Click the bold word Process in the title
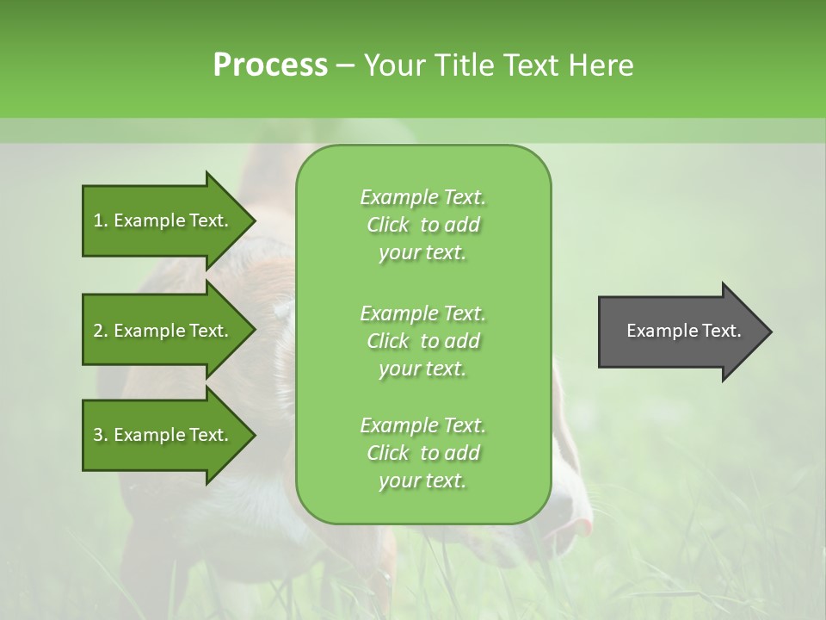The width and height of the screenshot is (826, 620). coord(270,65)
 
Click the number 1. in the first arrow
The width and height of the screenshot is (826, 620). coord(100,220)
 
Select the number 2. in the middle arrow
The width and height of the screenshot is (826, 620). coord(100,331)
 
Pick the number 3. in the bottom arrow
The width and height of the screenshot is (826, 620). coord(100,435)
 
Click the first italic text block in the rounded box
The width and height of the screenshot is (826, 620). coord(422,225)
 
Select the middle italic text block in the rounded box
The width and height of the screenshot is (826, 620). coord(422,340)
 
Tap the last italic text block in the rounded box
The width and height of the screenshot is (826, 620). coord(422,453)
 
